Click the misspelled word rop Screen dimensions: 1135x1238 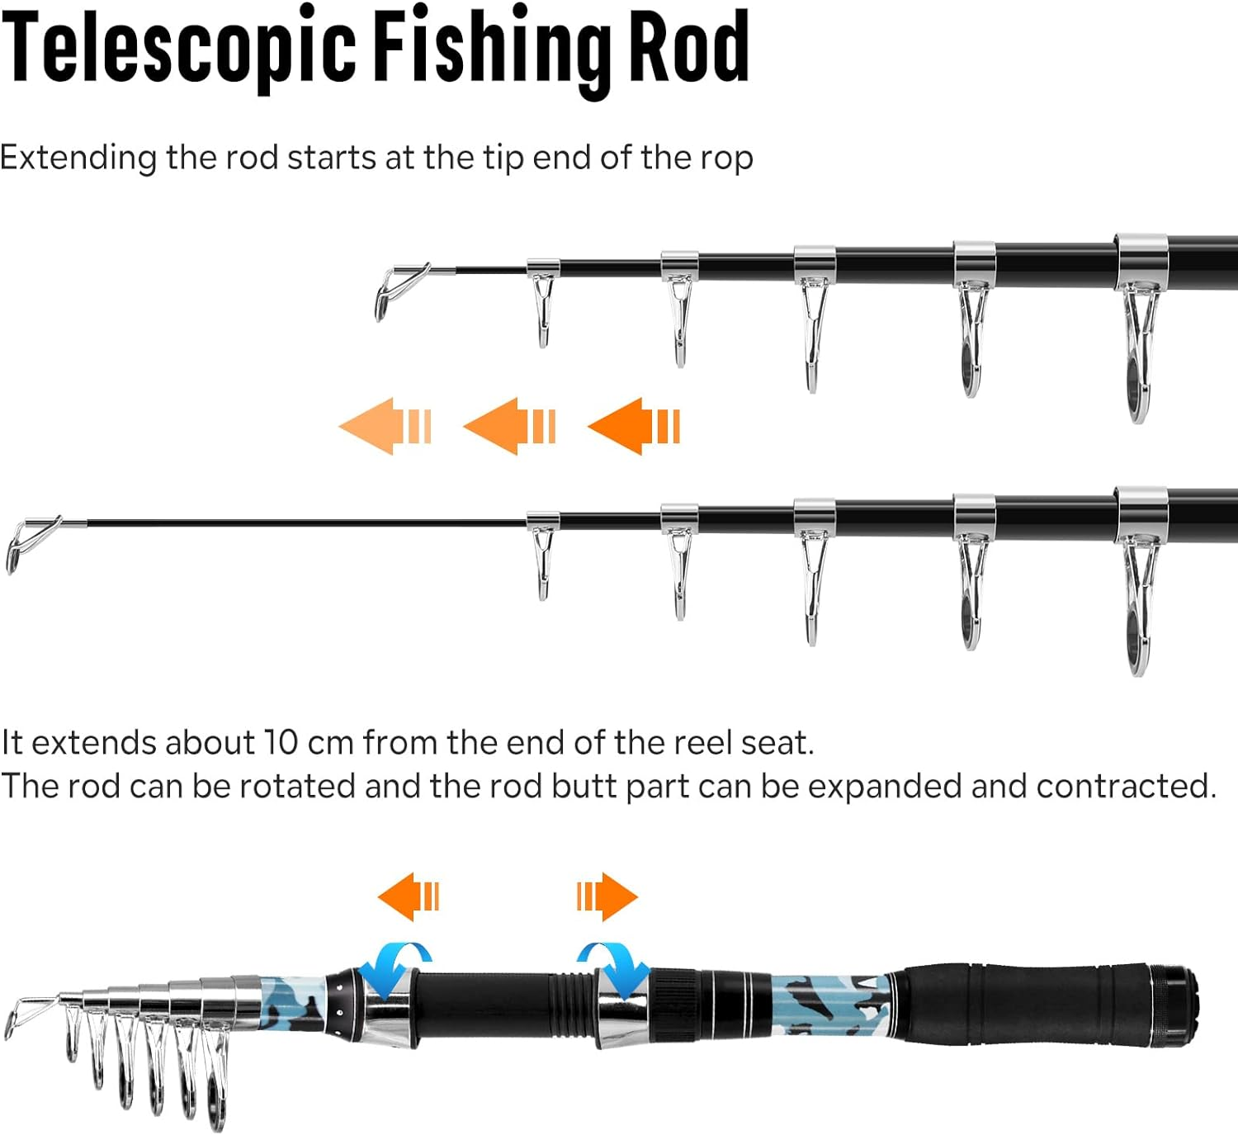[x=727, y=158]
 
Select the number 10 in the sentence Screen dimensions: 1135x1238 [x=281, y=743]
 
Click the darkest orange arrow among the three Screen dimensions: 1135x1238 [x=634, y=426]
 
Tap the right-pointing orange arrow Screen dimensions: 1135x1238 [x=607, y=896]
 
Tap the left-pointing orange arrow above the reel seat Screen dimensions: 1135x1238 [x=409, y=896]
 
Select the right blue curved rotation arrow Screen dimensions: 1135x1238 [x=614, y=967]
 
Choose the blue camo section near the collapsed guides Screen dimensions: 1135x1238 [x=293, y=1003]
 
